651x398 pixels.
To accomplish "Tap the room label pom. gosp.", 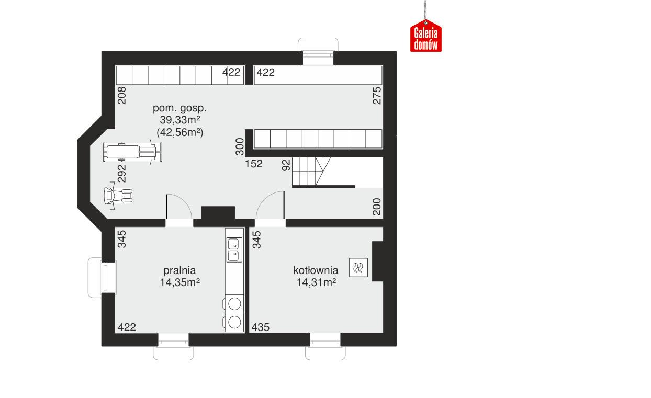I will point(179,109).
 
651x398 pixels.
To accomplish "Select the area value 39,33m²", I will point(179,121).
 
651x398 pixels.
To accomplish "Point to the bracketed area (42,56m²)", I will point(179,133).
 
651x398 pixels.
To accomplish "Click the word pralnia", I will point(179,270).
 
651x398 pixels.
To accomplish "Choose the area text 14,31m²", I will point(315,283).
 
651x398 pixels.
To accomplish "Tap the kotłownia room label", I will point(315,270).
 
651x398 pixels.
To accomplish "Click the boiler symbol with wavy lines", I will point(359,268).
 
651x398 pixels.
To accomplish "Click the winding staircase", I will point(312,173).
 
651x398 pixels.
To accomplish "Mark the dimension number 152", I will point(254,164).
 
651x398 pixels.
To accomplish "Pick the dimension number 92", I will point(286,165).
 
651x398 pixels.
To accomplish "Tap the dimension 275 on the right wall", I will point(377,96).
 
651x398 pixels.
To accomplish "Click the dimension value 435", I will point(260,327).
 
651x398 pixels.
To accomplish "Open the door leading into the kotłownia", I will point(271,208).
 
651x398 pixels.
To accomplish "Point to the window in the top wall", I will point(318,54).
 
